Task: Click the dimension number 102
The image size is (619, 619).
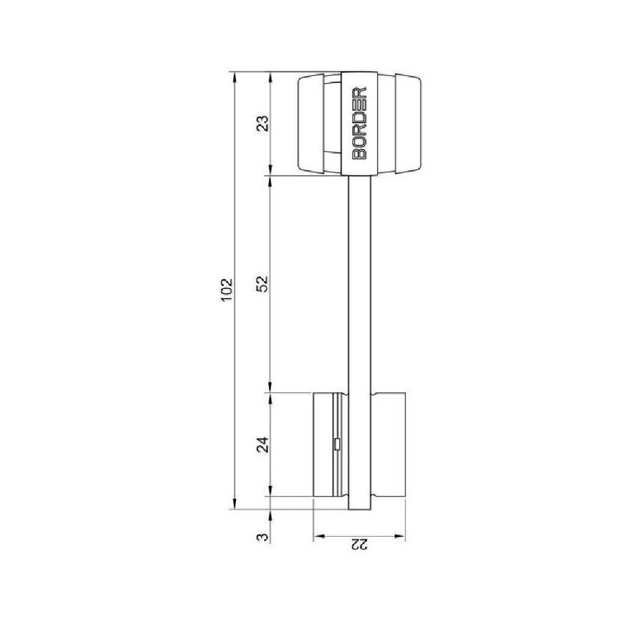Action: point(227,290)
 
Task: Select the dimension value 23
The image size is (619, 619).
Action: point(264,123)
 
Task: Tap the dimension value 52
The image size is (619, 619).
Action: point(264,284)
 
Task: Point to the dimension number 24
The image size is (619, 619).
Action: point(264,444)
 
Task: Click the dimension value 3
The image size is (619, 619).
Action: point(264,537)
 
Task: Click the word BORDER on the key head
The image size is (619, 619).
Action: point(359,123)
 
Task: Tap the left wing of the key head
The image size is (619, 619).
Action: point(311,123)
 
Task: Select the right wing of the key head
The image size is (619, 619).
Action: point(408,123)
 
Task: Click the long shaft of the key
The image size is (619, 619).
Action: point(360,284)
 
